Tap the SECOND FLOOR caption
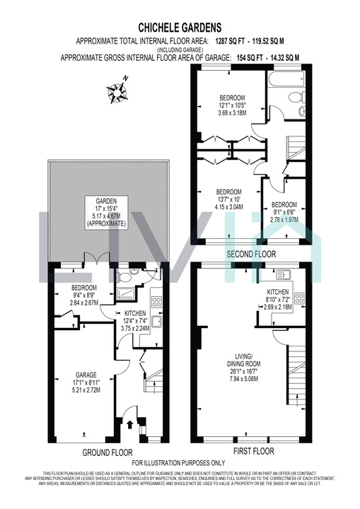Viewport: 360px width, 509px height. [250, 254]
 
